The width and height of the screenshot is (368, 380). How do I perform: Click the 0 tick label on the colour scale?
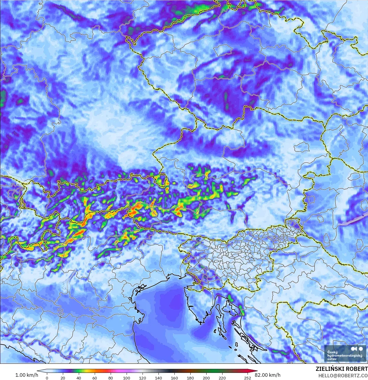[47, 378]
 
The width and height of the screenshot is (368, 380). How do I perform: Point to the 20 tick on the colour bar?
[63, 378]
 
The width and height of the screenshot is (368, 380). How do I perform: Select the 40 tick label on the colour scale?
[79, 378]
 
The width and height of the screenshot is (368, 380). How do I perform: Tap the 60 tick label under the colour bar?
[95, 378]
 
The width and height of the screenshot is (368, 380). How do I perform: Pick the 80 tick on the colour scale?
[111, 378]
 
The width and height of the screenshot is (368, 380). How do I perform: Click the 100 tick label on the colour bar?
[127, 378]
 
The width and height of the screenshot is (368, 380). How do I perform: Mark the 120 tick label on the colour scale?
[143, 378]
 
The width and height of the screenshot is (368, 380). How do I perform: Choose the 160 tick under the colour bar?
[174, 378]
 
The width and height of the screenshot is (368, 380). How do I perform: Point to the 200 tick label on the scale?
[206, 378]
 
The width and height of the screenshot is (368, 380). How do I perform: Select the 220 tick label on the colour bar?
[222, 378]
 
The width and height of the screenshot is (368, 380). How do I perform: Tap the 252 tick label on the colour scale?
[248, 378]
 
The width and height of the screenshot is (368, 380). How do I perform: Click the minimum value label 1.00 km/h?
[27, 375]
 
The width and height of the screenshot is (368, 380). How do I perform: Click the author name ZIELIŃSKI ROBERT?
[342, 369]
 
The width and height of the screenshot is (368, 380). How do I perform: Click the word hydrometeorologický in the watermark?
[345, 356]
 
